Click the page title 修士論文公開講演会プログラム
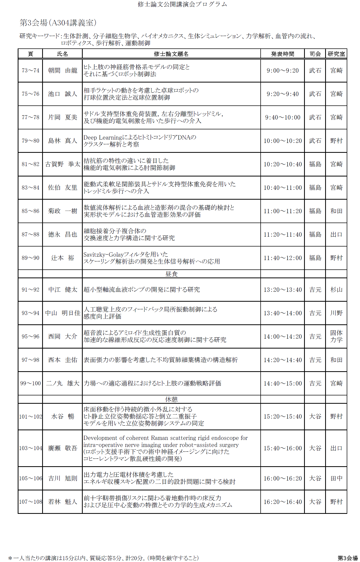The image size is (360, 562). click(x=182, y=4)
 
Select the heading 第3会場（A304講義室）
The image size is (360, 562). click(x=58, y=23)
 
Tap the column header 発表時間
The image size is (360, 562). click(x=282, y=54)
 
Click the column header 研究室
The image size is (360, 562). click(x=336, y=54)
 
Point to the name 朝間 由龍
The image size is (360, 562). click(x=63, y=71)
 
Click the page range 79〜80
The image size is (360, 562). click(x=30, y=141)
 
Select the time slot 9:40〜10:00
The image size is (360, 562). click(x=282, y=117)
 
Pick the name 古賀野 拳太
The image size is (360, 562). click(x=63, y=164)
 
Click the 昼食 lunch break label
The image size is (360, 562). click(x=171, y=274)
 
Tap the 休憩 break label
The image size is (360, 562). click(x=171, y=399)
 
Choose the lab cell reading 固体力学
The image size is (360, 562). click(x=336, y=336)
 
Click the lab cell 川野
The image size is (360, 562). click(x=336, y=313)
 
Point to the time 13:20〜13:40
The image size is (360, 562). click(x=282, y=290)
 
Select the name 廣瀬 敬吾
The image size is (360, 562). click(x=63, y=448)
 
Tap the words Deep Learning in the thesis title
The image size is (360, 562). click(x=102, y=137)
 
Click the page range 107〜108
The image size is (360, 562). click(x=30, y=502)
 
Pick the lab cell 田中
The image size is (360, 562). click(x=336, y=478)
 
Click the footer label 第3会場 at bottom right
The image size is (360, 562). click(x=348, y=558)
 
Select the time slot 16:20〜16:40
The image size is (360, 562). click(x=282, y=502)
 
